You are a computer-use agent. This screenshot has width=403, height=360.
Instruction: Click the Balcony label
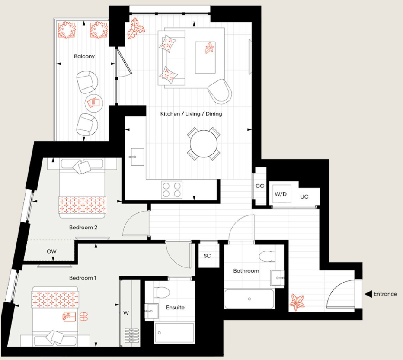point(84,56)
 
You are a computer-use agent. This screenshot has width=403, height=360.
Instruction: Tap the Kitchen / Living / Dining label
point(191,114)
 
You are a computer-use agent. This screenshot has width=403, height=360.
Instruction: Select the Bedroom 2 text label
point(83,227)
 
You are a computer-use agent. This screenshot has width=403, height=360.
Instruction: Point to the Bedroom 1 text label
point(83,278)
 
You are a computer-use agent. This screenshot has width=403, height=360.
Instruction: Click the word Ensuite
point(175,308)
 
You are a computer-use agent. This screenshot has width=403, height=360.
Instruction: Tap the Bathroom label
point(246,271)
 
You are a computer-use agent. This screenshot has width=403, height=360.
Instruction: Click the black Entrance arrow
point(368,294)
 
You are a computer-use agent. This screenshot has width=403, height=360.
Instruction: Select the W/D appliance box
point(281,194)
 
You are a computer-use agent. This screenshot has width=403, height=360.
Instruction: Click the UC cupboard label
point(304,196)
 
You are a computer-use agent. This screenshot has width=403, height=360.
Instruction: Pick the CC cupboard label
point(259,186)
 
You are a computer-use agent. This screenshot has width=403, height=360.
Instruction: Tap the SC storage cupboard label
point(207,256)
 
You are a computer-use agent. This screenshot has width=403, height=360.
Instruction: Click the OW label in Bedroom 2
point(51,251)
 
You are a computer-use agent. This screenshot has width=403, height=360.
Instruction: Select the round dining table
point(204,144)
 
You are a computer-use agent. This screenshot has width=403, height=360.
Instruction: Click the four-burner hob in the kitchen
point(171,189)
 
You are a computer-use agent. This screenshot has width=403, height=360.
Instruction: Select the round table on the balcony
point(93,103)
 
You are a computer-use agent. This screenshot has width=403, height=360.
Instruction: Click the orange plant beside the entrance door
point(297,302)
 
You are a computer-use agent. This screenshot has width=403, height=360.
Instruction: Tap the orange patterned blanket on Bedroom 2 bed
point(82,205)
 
